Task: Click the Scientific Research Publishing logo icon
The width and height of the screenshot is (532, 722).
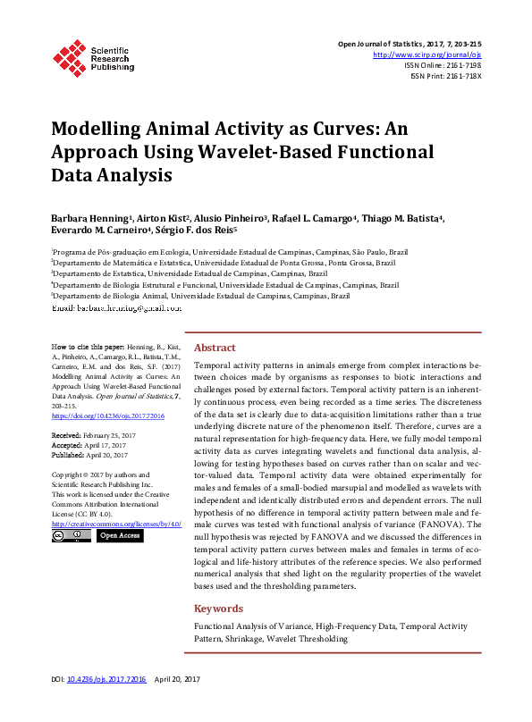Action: click(69, 55)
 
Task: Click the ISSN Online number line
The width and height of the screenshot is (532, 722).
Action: click(443, 65)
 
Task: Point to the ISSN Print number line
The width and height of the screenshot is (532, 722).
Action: click(445, 76)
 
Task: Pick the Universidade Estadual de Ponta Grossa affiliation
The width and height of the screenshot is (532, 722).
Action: click(224, 264)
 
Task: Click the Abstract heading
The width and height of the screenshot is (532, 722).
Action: click(215, 348)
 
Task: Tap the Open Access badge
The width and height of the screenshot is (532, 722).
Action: click(119, 536)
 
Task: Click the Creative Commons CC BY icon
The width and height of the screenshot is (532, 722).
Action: click(71, 536)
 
